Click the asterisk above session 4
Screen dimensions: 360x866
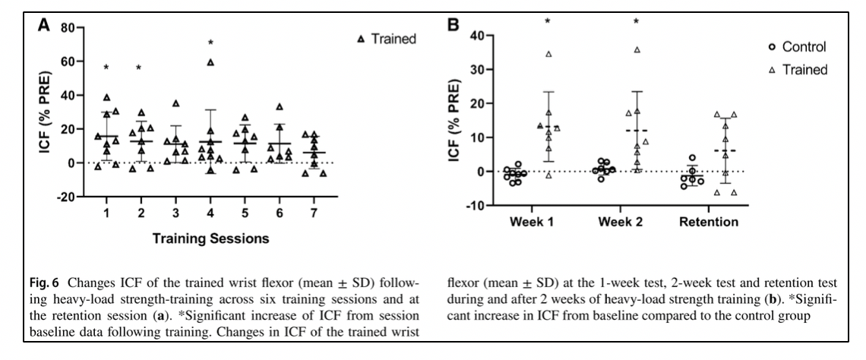(211, 43)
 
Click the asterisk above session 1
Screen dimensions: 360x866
(107, 68)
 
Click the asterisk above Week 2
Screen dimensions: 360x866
(637, 21)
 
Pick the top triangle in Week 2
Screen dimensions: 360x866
(637, 49)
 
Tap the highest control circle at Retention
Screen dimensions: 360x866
(693, 157)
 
